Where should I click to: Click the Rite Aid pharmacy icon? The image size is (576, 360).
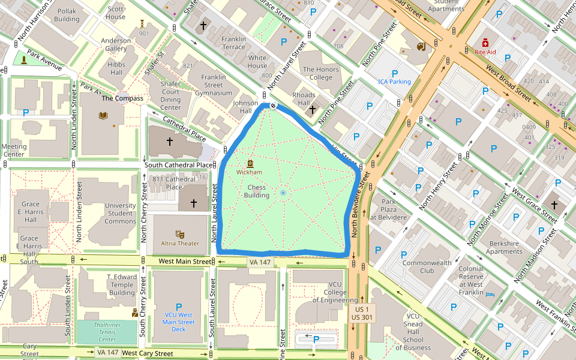485,43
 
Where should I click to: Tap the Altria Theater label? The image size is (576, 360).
180,244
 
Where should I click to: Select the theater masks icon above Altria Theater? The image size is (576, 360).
179,234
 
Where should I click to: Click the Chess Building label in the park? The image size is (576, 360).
257,191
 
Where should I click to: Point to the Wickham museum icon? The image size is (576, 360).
250,163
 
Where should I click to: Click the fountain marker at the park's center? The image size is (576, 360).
283,193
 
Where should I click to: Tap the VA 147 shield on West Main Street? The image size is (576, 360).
259,262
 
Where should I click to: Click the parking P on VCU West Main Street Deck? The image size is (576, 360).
178,307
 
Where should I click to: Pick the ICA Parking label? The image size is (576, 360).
394,82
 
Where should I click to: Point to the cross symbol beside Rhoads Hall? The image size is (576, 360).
311,109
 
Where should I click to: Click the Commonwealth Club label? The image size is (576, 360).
427,266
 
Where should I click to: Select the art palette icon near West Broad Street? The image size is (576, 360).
420,47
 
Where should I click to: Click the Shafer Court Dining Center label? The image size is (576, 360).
179,100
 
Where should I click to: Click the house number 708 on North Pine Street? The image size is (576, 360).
338,46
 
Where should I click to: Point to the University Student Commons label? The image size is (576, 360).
121,213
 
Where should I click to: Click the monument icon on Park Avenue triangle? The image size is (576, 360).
23,59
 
